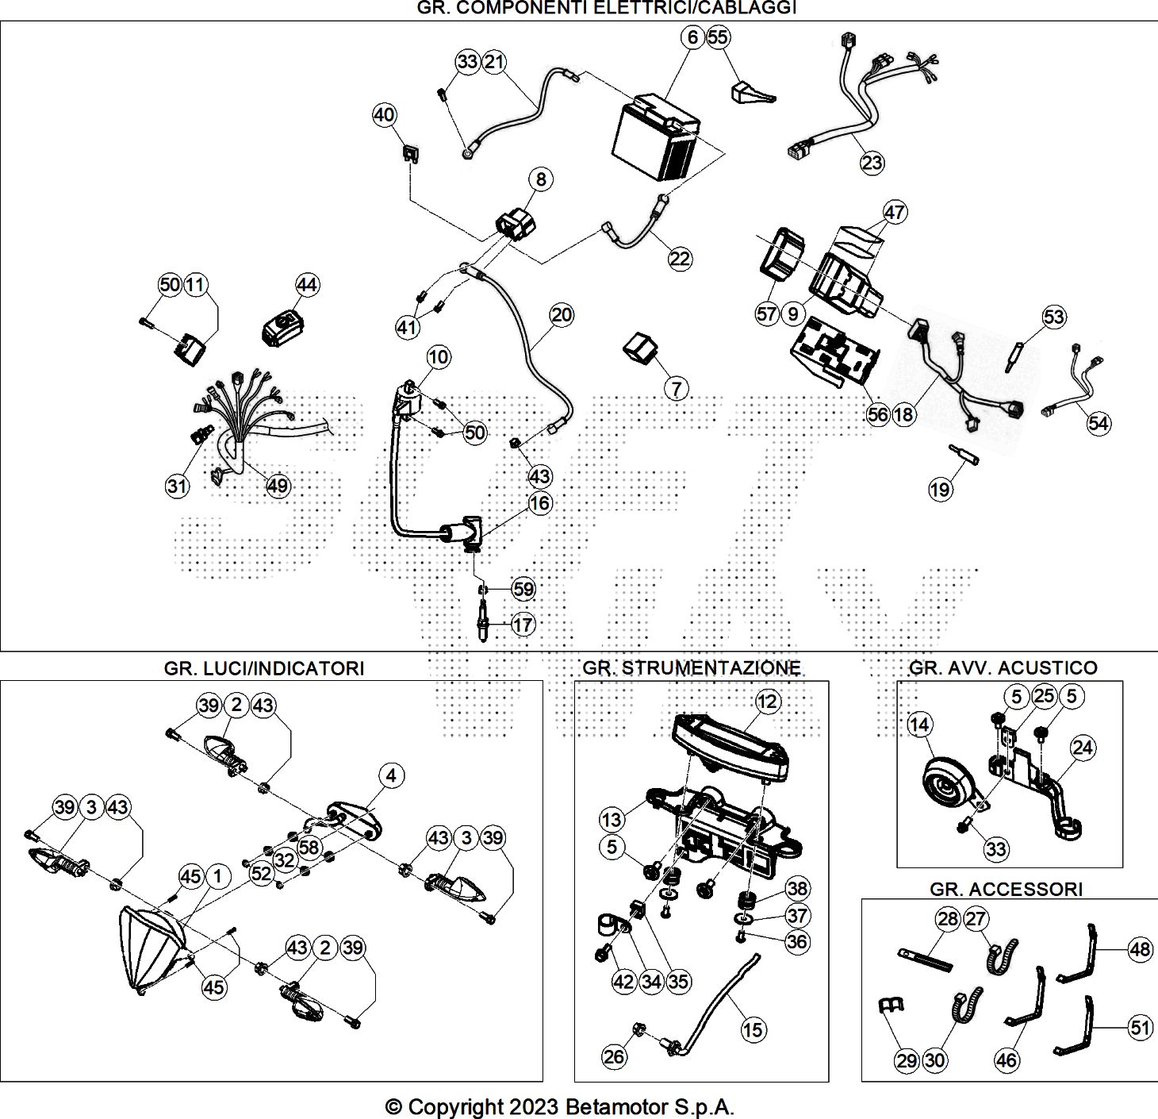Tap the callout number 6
[692, 37]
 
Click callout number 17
[523, 625]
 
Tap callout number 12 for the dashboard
[767, 702]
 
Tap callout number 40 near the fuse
[385, 115]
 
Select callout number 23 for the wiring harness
[872, 163]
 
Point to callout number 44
[307, 285]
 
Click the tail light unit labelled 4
[354, 820]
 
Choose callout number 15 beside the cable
[753, 1029]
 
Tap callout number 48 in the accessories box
[1140, 949]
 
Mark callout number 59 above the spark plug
[523, 589]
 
